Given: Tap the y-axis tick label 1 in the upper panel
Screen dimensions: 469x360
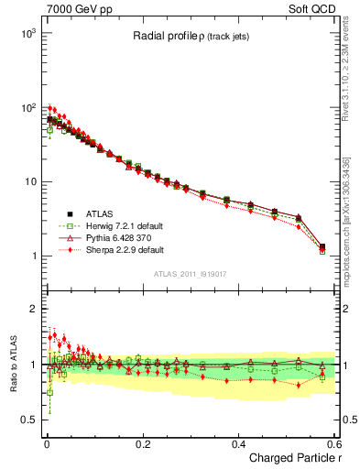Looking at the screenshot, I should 31,256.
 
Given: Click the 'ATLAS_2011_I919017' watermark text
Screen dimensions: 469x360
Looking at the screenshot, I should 191,275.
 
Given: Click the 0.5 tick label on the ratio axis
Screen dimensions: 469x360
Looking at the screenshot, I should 26,420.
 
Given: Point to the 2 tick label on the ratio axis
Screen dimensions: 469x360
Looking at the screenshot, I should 31,309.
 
